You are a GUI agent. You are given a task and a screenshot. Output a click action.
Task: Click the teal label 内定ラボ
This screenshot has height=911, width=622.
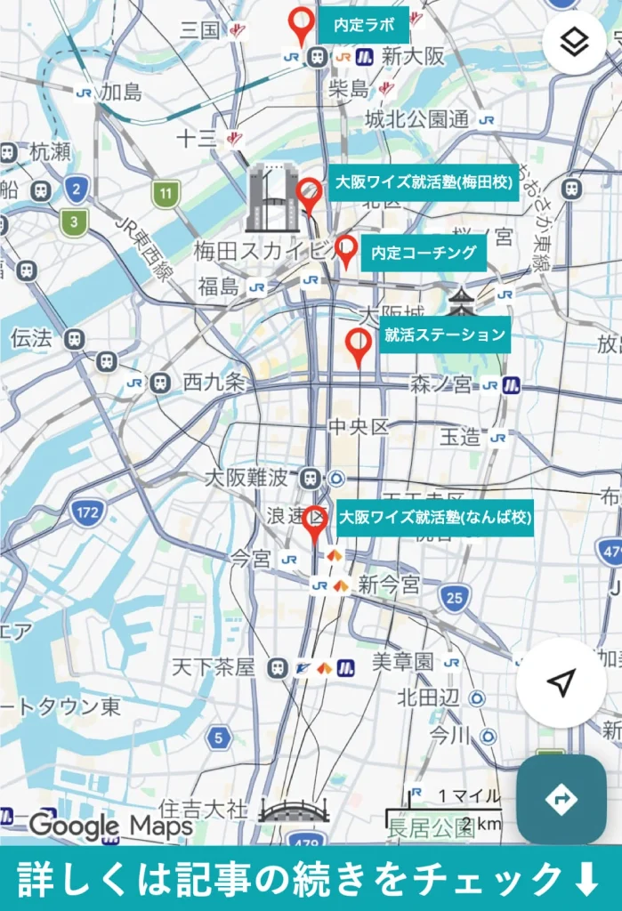[364, 25]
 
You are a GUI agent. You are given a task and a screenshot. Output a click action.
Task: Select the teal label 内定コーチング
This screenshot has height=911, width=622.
[424, 254]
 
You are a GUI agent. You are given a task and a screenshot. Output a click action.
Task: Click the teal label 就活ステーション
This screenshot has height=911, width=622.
[445, 335]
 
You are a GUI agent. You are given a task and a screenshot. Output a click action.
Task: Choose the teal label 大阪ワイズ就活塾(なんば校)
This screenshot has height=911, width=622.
[435, 518]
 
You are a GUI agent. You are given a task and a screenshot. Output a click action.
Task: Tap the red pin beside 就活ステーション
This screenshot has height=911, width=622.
[359, 346]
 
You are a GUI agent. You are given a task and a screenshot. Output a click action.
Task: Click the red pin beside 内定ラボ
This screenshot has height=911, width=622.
[303, 25]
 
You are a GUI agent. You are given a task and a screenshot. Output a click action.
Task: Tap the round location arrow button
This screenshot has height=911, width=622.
[561, 683]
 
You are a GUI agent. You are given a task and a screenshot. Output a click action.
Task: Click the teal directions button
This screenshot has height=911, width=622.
[561, 799]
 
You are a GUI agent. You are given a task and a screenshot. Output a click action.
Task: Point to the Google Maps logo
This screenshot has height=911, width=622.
[110, 826]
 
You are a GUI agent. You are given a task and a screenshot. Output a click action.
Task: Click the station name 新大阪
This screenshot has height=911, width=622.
[413, 56]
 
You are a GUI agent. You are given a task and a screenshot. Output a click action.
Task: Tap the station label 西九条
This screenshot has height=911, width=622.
[214, 383]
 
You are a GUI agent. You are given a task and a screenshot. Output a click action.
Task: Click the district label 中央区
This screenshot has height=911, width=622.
[359, 428]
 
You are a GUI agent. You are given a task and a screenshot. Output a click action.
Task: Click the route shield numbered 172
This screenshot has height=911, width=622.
[88, 512]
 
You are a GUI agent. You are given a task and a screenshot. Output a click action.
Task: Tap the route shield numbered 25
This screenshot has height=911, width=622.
[455, 597]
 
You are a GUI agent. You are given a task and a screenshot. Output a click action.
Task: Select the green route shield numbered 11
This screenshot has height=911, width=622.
[166, 193]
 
